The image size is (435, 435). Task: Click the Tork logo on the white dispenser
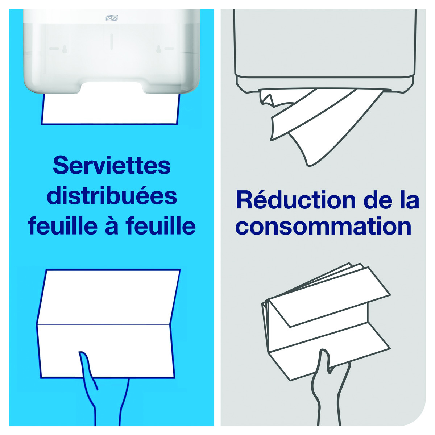click(x=112, y=18)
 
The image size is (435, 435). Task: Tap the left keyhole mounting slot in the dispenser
click(x=65, y=49)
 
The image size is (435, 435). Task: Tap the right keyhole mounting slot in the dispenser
click(x=159, y=49)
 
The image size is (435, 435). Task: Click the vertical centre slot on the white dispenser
click(x=112, y=42)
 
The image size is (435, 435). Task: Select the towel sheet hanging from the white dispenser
click(x=111, y=109)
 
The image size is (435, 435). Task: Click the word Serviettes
click(x=112, y=165)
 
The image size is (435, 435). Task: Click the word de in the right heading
click(x=378, y=200)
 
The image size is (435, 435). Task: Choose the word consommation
click(x=323, y=227)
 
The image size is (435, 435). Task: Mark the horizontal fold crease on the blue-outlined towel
click(x=103, y=324)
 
